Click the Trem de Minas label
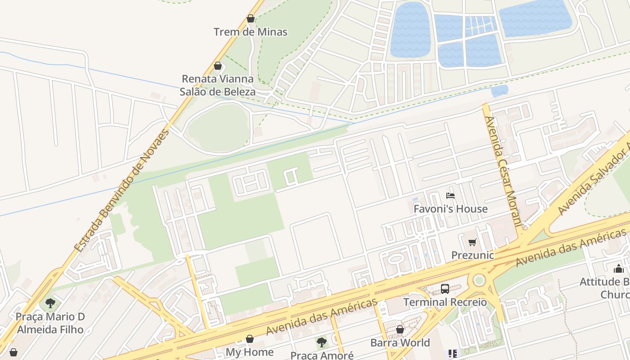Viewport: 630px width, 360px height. [250, 32]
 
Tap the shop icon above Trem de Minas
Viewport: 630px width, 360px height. [250, 18]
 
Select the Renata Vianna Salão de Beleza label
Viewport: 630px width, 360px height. [218, 85]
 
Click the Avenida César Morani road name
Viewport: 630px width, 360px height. [503, 171]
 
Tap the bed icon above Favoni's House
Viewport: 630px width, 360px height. [450, 195]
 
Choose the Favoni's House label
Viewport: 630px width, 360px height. [450, 209]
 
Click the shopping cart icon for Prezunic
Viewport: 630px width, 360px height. [472, 243]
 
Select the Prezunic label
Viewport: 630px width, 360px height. [472, 256]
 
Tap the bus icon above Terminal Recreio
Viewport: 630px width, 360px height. [445, 288]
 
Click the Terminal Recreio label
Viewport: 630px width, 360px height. [445, 302]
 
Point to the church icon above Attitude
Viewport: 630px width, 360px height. [618, 269]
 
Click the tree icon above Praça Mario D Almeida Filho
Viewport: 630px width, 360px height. [50, 303]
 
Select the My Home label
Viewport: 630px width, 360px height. [250, 352]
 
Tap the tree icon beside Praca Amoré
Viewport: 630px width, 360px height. [321, 342]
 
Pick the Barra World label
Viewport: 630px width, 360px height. [400, 343]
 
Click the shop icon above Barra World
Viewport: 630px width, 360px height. [400, 329]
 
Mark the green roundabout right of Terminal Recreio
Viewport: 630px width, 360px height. [479, 280]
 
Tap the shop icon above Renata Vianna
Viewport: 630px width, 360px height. [218, 66]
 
